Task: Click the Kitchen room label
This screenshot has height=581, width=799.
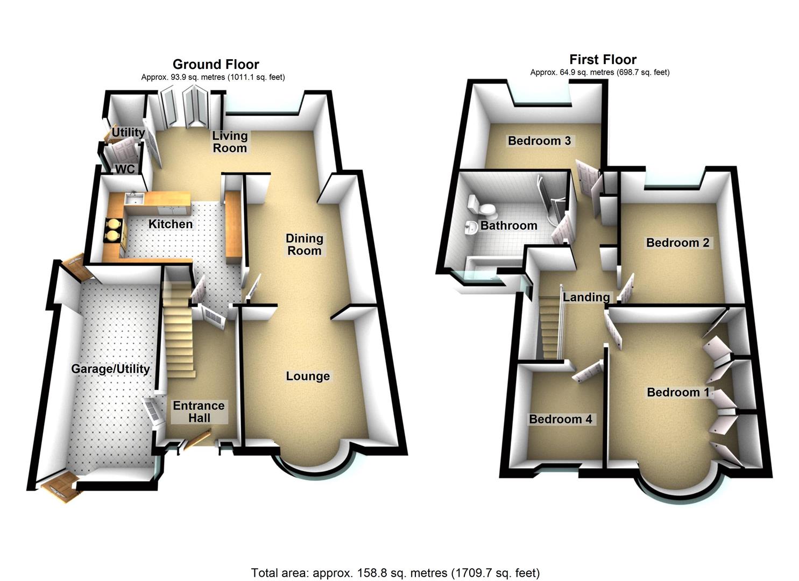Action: [x=171, y=224]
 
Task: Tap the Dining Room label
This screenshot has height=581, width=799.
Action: [x=304, y=244]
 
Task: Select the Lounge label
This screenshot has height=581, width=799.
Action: [x=308, y=376]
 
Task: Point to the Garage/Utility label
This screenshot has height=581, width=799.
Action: [x=110, y=369]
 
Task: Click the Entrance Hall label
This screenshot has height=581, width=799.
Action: [x=199, y=412]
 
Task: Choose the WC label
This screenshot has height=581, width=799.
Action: [x=125, y=169]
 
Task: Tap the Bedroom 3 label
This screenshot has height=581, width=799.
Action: [x=539, y=141]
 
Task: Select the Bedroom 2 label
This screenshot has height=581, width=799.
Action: [x=677, y=243]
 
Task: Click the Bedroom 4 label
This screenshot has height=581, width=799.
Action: [x=560, y=419]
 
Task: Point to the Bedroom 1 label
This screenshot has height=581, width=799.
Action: [x=678, y=392]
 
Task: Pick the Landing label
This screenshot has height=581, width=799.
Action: [x=586, y=297]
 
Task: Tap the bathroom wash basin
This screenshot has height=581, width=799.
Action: [x=470, y=229]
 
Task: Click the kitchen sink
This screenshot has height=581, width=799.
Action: [x=133, y=200]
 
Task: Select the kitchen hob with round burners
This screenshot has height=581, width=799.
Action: [x=114, y=228]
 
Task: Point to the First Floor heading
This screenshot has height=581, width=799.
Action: [x=603, y=60]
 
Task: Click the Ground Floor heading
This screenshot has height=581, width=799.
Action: [x=216, y=65]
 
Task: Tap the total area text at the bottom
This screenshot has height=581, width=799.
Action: [x=395, y=573]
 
